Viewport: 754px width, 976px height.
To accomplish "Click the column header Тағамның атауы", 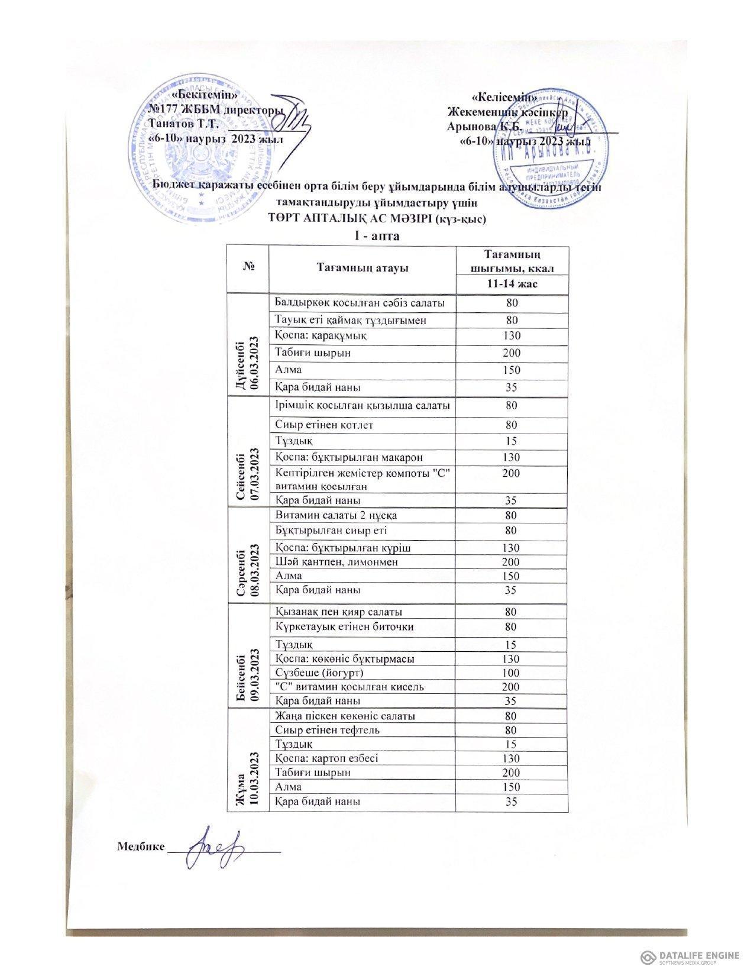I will [362, 269].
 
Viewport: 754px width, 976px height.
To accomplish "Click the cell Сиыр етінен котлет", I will [324, 425].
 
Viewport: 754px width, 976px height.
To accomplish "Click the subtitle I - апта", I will [376, 237].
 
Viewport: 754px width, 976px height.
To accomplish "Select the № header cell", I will [247, 269].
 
